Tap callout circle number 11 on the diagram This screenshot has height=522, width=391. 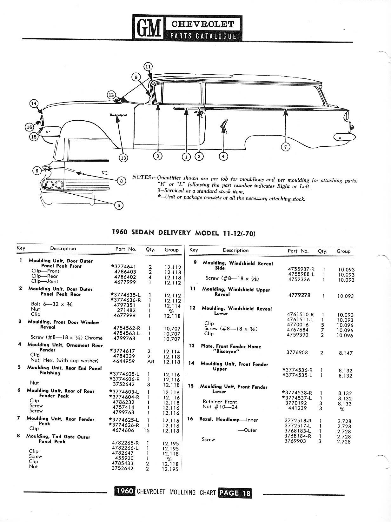click(x=148, y=67)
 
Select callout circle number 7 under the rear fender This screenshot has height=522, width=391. click(x=286, y=147)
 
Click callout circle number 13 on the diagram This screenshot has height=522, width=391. click(x=123, y=158)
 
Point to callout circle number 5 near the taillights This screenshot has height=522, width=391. click(x=119, y=205)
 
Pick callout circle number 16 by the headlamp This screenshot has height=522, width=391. click(x=29, y=127)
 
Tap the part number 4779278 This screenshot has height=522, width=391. click(x=299, y=295)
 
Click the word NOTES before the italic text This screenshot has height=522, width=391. click(x=142, y=177)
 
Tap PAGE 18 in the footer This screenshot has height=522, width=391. click(x=235, y=492)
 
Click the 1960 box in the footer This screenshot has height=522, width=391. click(x=125, y=491)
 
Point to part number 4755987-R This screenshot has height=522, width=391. click(x=301, y=269)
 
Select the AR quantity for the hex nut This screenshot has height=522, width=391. click(x=150, y=362)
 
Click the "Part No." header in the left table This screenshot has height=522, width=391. click(x=126, y=249)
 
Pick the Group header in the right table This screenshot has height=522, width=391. click(x=343, y=251)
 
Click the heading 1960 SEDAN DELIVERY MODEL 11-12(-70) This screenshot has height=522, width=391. click(x=184, y=233)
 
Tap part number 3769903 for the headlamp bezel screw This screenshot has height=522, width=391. click(x=295, y=441)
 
